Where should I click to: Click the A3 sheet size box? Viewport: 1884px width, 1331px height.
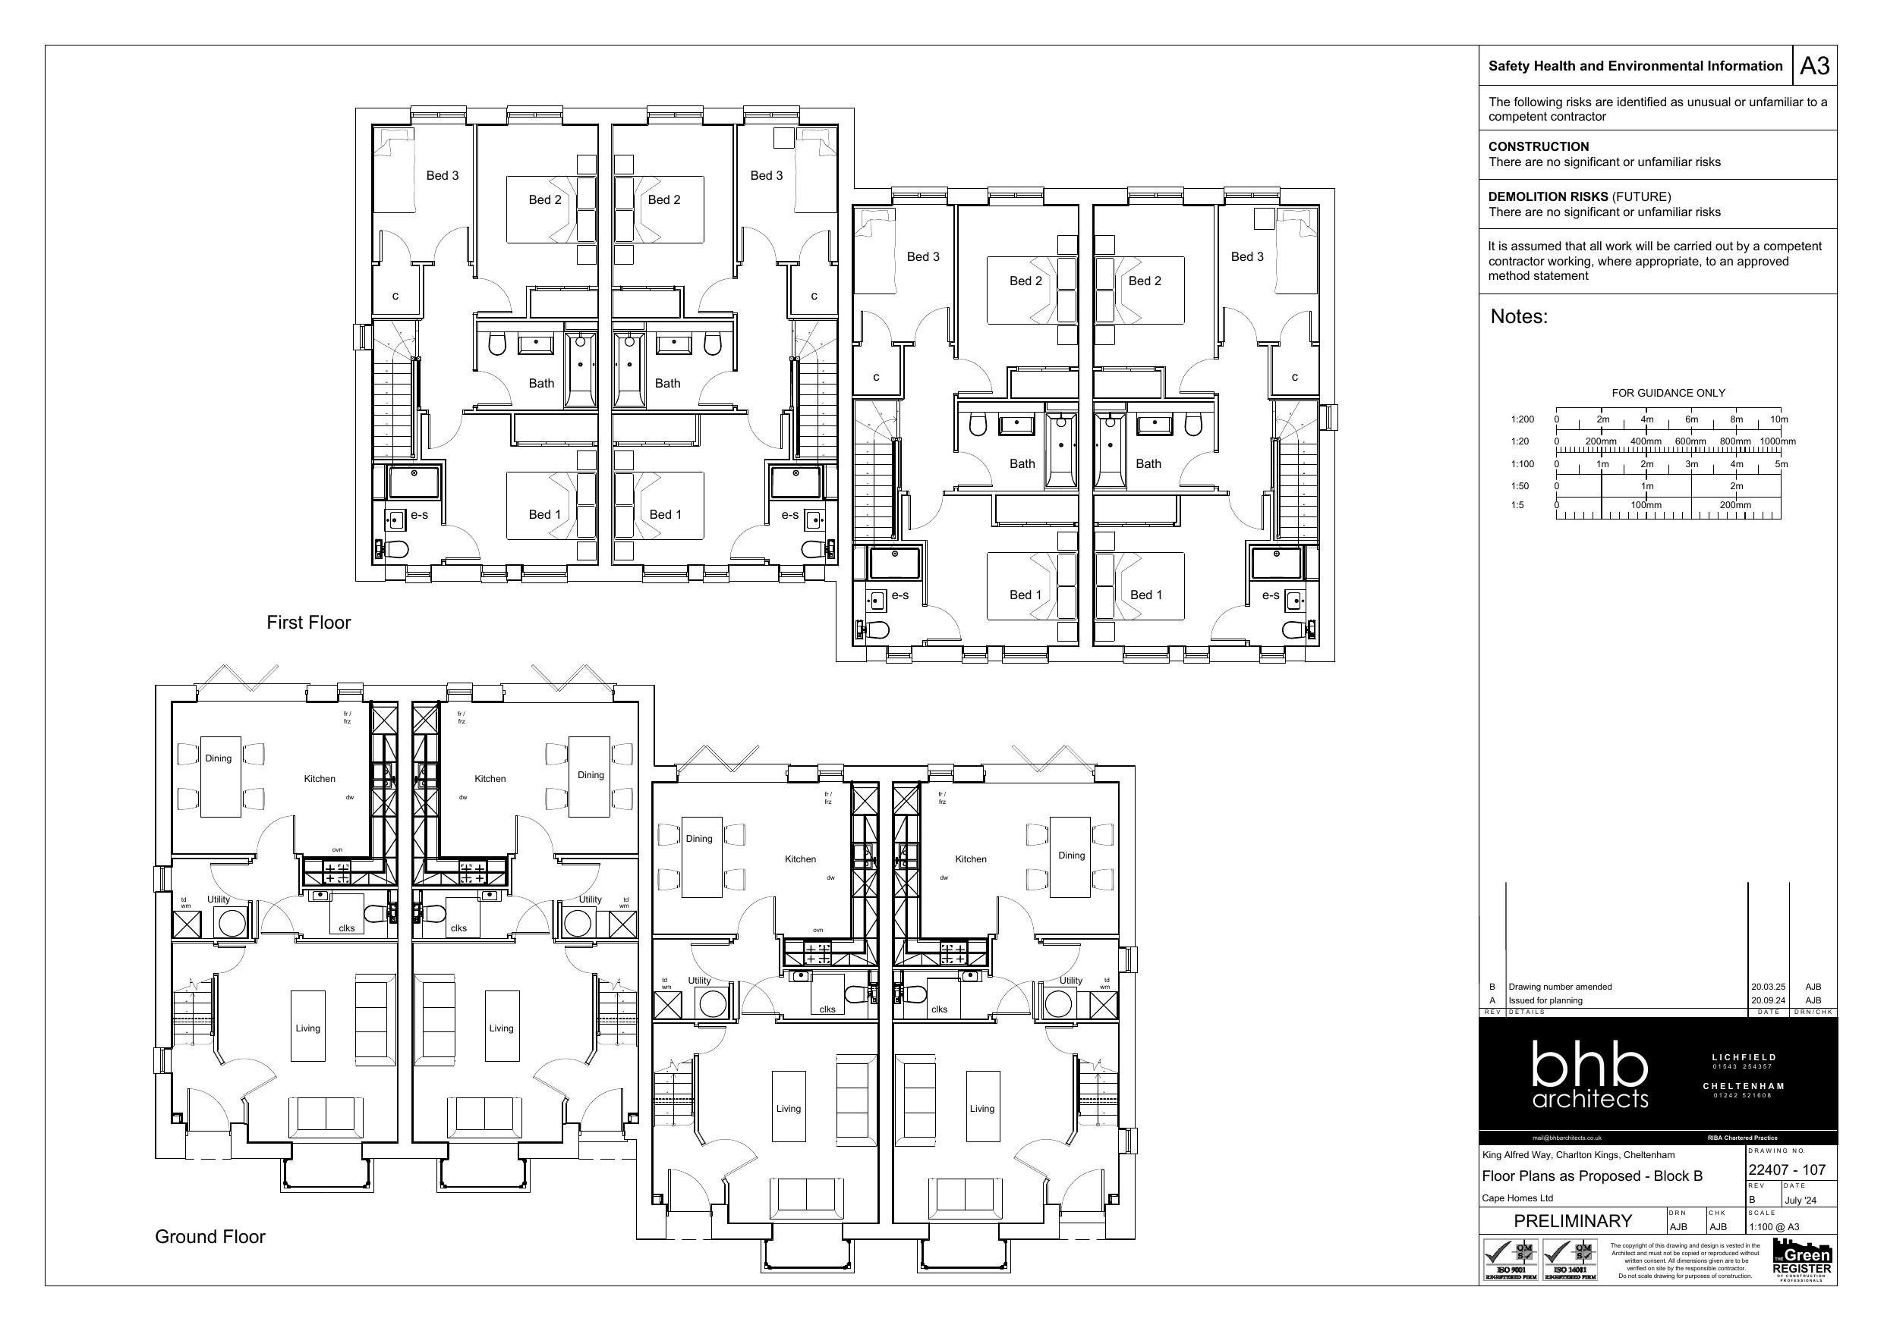point(1814,66)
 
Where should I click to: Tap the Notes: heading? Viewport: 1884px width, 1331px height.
point(1519,316)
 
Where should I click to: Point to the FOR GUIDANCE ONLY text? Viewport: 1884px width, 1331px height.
point(1668,393)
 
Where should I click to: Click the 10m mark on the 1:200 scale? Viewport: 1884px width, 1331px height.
point(1778,419)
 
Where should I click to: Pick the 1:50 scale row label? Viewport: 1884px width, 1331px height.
point(1519,486)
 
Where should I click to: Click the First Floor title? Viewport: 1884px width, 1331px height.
point(308,623)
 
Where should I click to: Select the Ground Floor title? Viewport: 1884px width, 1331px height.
point(210,1237)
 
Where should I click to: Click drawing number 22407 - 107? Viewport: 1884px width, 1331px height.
point(1786,1170)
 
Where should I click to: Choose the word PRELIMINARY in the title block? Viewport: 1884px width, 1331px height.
point(1572,1221)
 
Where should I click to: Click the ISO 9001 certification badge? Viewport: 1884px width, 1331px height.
point(1509,1260)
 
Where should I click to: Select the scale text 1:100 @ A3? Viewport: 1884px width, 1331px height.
point(1774,1227)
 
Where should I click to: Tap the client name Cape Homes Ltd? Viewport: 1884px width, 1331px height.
point(1517,1198)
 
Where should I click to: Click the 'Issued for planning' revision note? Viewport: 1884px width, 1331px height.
point(1545,1000)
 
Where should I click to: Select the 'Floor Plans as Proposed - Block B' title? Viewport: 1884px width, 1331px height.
point(1592,1176)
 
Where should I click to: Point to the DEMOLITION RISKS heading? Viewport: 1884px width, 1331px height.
point(1548,197)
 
